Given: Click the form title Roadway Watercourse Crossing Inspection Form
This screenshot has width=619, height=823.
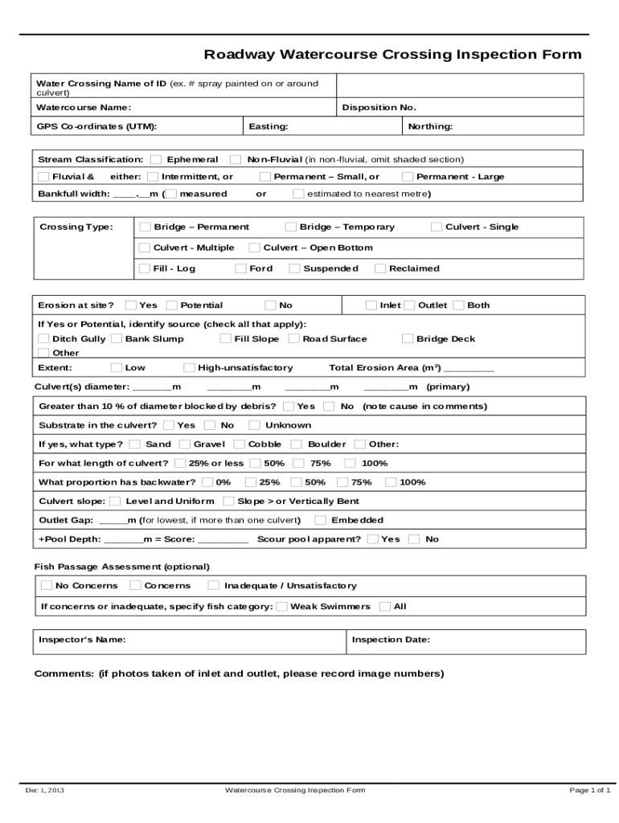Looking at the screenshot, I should click(392, 55).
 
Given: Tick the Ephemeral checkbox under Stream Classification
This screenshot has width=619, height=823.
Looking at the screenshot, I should click(156, 160).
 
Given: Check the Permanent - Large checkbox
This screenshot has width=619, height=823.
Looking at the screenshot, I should click(408, 177).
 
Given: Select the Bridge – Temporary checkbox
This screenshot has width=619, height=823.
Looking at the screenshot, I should click(292, 227).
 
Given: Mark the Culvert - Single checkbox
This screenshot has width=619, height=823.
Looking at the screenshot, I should click(437, 227).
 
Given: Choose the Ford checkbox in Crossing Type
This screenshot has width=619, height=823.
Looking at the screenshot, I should click(240, 269).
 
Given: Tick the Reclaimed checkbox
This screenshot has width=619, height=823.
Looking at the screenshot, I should click(381, 269).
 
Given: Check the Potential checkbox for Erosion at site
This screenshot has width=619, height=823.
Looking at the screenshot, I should click(172, 305).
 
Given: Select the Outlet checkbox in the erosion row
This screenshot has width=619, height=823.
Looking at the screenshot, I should click(409, 305).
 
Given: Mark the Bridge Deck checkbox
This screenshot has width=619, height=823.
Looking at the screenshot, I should click(408, 339).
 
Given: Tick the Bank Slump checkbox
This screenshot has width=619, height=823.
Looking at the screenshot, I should click(117, 339).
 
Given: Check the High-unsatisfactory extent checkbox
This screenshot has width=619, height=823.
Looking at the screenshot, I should click(189, 368).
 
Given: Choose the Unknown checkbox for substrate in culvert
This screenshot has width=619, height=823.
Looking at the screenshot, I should click(254, 426).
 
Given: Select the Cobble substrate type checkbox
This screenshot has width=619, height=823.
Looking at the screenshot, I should click(240, 444).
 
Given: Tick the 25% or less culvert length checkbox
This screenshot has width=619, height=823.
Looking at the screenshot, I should click(180, 464).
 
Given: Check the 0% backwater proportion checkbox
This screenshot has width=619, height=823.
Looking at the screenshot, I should click(207, 483).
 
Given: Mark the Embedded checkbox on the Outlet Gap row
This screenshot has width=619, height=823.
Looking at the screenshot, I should click(320, 521).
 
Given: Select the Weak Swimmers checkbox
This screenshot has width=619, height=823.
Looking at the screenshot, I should click(281, 607).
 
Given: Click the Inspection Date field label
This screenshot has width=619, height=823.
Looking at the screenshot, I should click(391, 641).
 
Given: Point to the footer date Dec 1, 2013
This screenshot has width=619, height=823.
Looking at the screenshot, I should click(45, 791).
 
